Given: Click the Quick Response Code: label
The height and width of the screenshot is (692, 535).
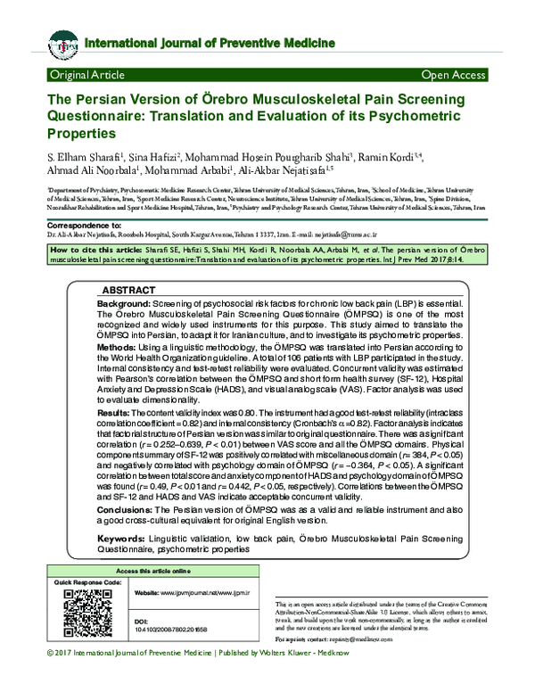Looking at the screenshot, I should coord(87,582).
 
